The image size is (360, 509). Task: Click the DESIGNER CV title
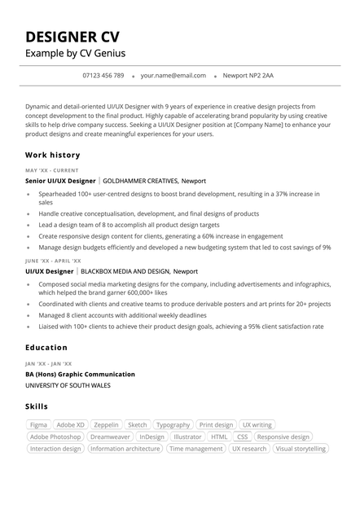72,37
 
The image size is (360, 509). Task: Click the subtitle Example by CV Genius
75,54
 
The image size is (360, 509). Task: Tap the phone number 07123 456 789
103,76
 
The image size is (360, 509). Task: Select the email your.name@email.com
173,76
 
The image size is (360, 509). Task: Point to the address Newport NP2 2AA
248,76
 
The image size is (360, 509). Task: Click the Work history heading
53,155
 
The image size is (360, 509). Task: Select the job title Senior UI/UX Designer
60,181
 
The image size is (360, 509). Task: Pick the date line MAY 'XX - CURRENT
52,170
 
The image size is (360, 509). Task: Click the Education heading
46,348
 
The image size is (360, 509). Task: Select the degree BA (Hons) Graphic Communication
80,374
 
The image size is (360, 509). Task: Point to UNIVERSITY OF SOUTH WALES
68,385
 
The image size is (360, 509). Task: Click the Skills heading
37,406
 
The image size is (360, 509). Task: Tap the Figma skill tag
38,425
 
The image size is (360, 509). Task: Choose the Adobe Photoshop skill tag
55,437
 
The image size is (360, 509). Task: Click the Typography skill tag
173,425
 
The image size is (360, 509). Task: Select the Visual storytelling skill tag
301,449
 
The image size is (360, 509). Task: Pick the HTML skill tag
219,437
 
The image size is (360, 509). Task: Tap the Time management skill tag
195,449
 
